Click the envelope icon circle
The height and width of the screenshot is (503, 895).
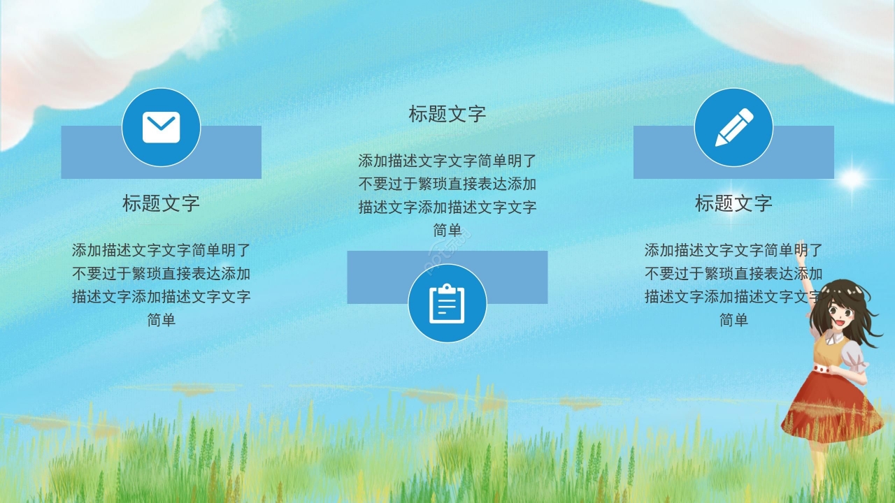point(161,127)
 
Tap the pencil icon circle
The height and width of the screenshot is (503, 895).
point(733,127)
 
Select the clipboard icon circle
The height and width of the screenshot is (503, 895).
point(447,303)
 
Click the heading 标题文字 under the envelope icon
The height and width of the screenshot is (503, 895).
point(161,203)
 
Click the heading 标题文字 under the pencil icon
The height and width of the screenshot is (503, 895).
point(733,203)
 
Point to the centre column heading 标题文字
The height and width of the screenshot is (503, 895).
point(447,114)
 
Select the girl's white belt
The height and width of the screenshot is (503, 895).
point(829,369)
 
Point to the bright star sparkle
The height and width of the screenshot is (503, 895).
point(852,179)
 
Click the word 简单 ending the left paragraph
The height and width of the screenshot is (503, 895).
point(161,320)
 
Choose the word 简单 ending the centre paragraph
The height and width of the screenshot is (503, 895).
point(447,230)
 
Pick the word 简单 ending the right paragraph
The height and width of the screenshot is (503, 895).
point(733,320)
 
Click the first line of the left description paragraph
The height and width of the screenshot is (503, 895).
point(161,249)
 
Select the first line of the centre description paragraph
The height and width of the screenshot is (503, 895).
point(447,161)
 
